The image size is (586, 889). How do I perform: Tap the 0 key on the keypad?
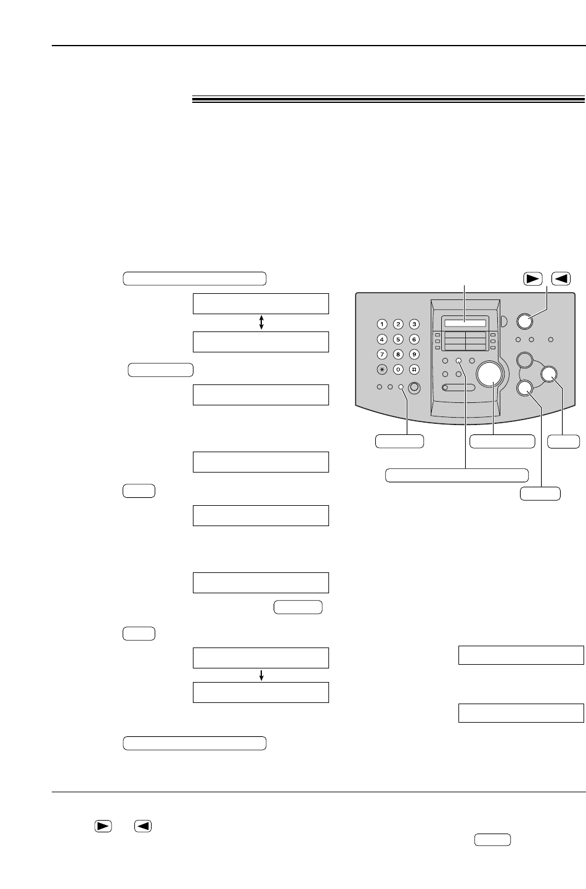click(x=399, y=370)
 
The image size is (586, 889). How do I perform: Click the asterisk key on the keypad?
click(x=383, y=370)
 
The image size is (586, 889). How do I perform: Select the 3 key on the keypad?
click(x=415, y=324)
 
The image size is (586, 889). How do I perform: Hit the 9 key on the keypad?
click(x=415, y=354)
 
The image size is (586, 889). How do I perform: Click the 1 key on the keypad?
click(x=383, y=324)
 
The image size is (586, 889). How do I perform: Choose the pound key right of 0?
click(x=415, y=370)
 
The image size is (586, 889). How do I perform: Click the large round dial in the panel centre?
click(x=490, y=373)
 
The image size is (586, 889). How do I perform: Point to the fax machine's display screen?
click(x=463, y=324)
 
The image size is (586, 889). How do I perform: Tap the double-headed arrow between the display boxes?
click(x=262, y=322)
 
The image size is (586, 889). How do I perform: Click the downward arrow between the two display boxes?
click(x=262, y=676)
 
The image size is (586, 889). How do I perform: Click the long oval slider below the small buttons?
click(x=458, y=388)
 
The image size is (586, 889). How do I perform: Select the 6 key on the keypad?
click(x=415, y=339)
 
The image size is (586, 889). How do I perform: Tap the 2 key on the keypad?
click(x=399, y=324)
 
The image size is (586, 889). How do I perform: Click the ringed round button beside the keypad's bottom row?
click(x=415, y=387)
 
